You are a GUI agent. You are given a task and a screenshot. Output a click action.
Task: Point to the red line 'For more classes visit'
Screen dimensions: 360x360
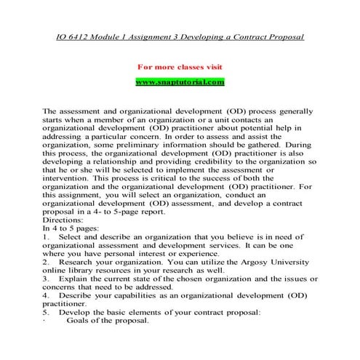tap(180, 67)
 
